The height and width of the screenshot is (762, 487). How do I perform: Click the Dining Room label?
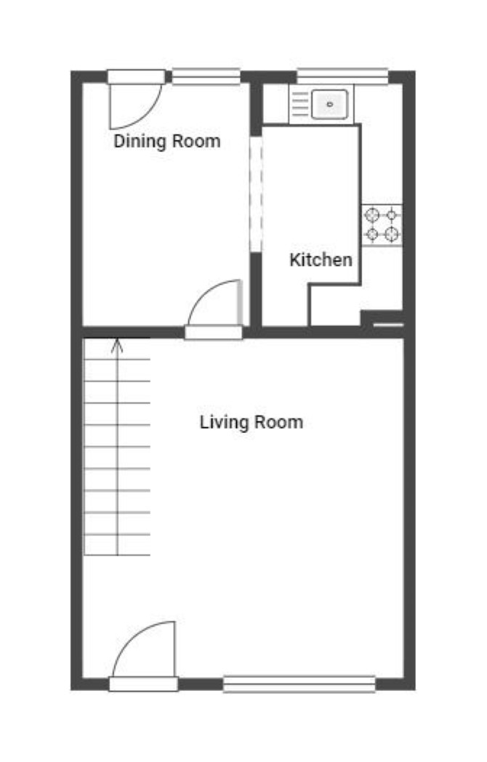[x=167, y=142]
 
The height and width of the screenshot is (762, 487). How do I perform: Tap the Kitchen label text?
[x=321, y=259]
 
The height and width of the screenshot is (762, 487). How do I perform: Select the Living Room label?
[x=251, y=422]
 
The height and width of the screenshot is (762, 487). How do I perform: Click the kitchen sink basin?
[x=330, y=104]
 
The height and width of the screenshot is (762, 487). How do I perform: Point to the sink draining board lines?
[x=299, y=104]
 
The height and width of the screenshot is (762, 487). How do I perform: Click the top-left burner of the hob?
[x=372, y=215]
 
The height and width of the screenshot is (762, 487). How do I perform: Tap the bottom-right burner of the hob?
[x=392, y=235]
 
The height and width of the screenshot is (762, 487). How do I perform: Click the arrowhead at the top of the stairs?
[x=117, y=345]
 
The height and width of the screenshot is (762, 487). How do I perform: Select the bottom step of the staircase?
[x=117, y=545]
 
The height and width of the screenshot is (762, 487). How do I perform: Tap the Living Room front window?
[x=299, y=684]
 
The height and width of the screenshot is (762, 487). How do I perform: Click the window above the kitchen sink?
[x=342, y=76]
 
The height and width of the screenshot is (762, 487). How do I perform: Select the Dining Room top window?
[x=206, y=76]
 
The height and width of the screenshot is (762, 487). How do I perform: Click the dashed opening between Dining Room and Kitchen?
[x=256, y=195]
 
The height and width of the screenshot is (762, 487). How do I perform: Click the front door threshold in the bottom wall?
[x=143, y=684]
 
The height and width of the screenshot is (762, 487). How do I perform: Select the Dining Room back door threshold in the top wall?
[x=136, y=77]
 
